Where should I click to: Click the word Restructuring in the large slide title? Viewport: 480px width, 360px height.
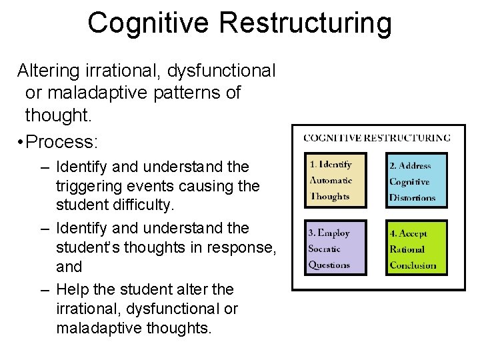pos(305,23)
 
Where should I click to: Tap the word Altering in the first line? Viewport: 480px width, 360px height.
pos(46,69)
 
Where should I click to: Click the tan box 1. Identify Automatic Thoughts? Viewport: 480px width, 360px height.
pos(337,179)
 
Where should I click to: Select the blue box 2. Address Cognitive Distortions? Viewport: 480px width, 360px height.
pos(417,179)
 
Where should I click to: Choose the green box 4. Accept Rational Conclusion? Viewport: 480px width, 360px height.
pos(417,247)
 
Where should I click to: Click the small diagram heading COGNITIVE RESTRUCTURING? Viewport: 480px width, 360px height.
pos(377,138)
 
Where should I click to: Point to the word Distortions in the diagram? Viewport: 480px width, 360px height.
pos(412,198)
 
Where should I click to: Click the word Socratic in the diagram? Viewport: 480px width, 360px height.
pos(325,249)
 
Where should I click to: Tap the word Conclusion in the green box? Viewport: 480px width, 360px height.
pos(413,265)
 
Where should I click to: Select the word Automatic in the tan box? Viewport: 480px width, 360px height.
pos(332,181)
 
